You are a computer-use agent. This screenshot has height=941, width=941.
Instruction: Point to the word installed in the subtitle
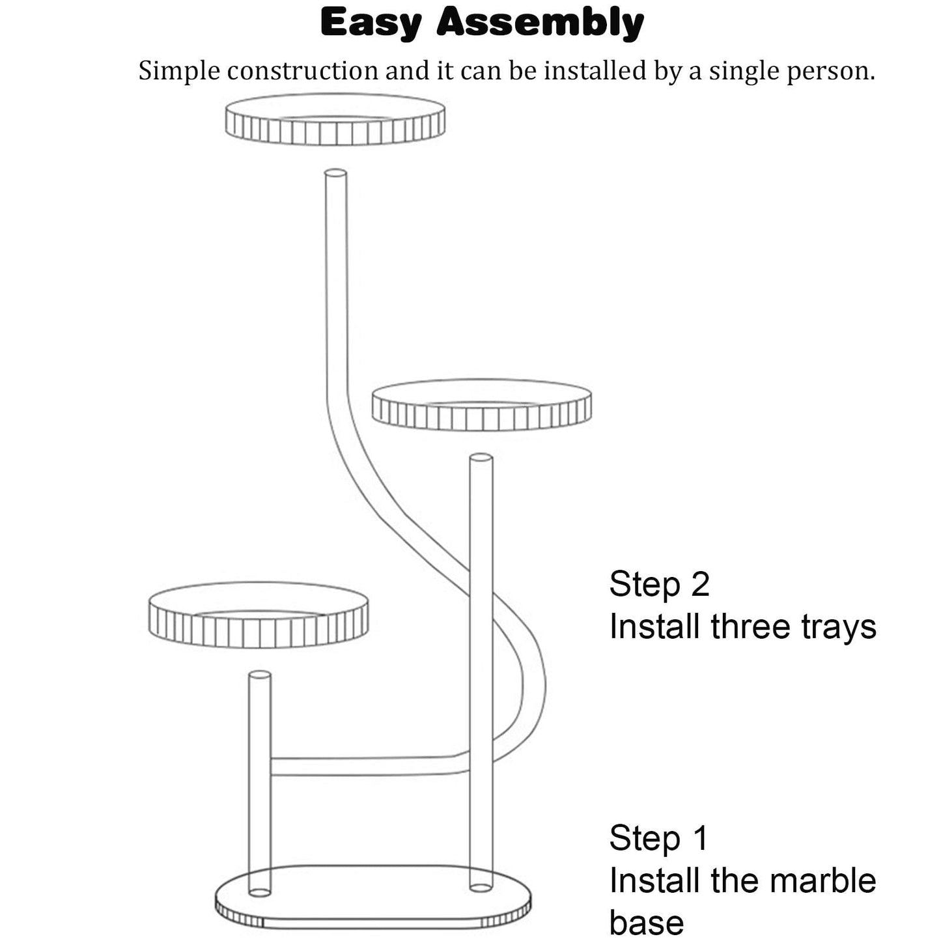point(595,70)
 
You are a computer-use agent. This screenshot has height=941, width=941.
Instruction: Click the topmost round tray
point(335,120)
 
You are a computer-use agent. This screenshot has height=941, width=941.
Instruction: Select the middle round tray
point(481,405)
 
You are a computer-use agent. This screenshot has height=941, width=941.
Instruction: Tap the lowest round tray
point(259,615)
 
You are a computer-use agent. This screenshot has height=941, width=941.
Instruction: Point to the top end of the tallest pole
point(335,173)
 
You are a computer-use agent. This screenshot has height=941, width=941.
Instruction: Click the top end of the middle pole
point(481,458)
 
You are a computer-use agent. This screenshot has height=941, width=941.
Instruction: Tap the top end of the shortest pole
point(260,675)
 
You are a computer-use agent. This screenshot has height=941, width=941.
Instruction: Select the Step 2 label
point(659,584)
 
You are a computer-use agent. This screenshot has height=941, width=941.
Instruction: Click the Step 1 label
point(658,838)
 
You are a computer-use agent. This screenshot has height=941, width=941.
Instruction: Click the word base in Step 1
point(647,923)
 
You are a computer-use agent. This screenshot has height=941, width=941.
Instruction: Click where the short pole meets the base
point(260,892)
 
